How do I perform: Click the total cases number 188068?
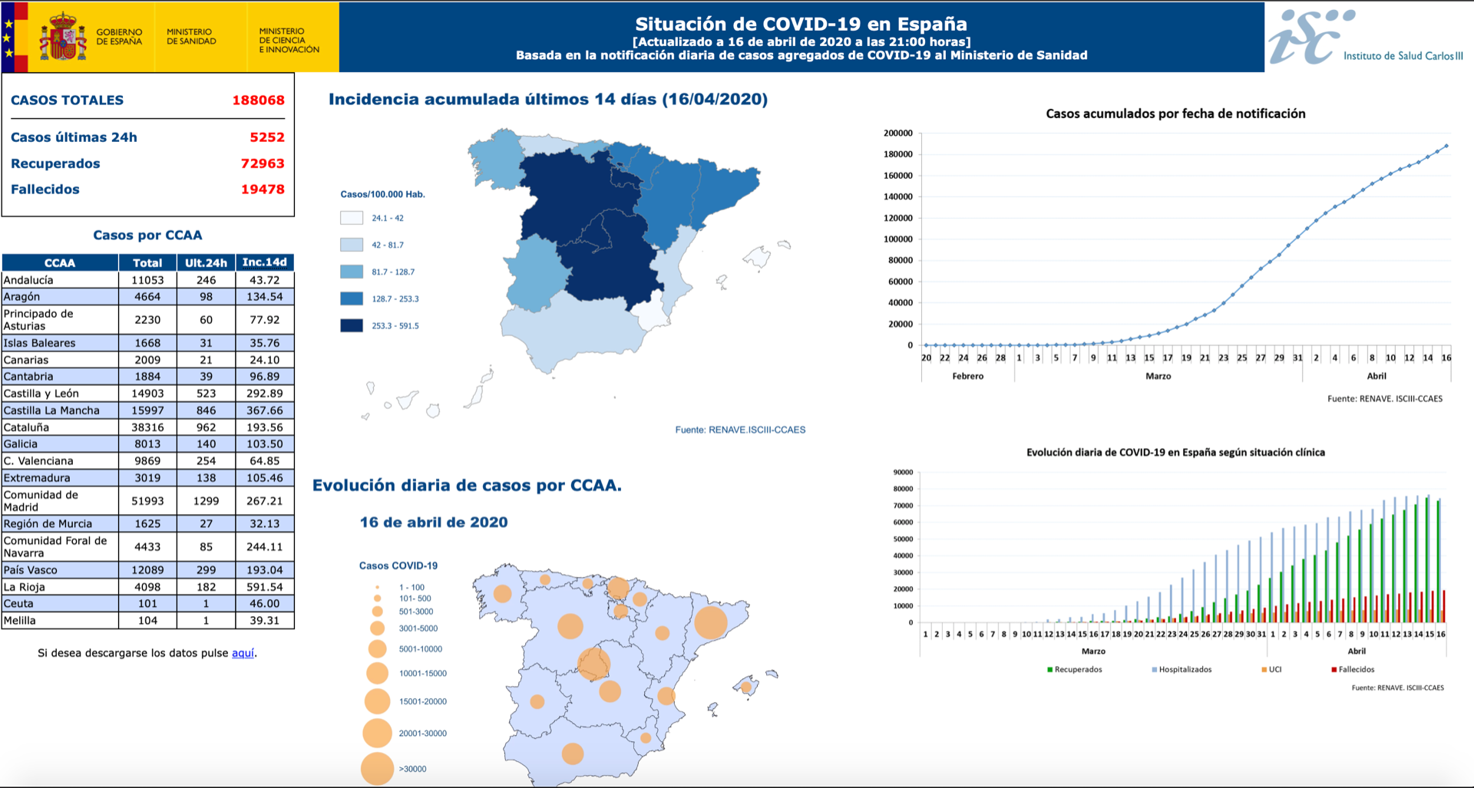(x=258, y=101)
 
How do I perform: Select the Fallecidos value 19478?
(x=263, y=190)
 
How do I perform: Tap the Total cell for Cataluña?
(x=147, y=427)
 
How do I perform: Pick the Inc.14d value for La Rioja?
(x=264, y=587)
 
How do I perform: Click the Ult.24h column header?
(x=206, y=262)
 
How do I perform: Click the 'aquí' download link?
(x=243, y=653)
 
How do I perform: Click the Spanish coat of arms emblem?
(x=63, y=37)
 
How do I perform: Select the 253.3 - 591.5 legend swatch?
(x=352, y=325)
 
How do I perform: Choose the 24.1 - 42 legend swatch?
(x=352, y=218)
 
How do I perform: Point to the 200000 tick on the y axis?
(x=897, y=134)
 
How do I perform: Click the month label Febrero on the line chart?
(x=967, y=376)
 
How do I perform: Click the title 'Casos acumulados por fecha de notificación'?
(x=1175, y=114)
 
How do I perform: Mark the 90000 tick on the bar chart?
(x=903, y=473)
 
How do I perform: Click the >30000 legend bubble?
(x=377, y=769)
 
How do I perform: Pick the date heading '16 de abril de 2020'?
(x=434, y=523)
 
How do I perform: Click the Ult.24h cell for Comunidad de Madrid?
(x=206, y=501)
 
